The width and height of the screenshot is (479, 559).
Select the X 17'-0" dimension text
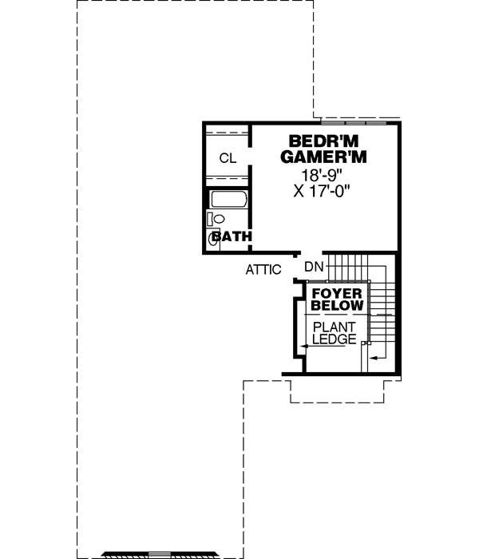323,192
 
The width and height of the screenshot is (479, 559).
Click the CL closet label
228,158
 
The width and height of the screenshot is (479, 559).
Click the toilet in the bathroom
217,218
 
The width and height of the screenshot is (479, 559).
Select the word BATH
232,236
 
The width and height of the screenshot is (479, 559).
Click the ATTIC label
263,270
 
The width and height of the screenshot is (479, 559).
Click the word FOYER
337,293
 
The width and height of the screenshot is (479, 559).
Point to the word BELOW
337,306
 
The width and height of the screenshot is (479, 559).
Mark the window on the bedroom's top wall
354,123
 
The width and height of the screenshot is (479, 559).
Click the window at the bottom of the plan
160,553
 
